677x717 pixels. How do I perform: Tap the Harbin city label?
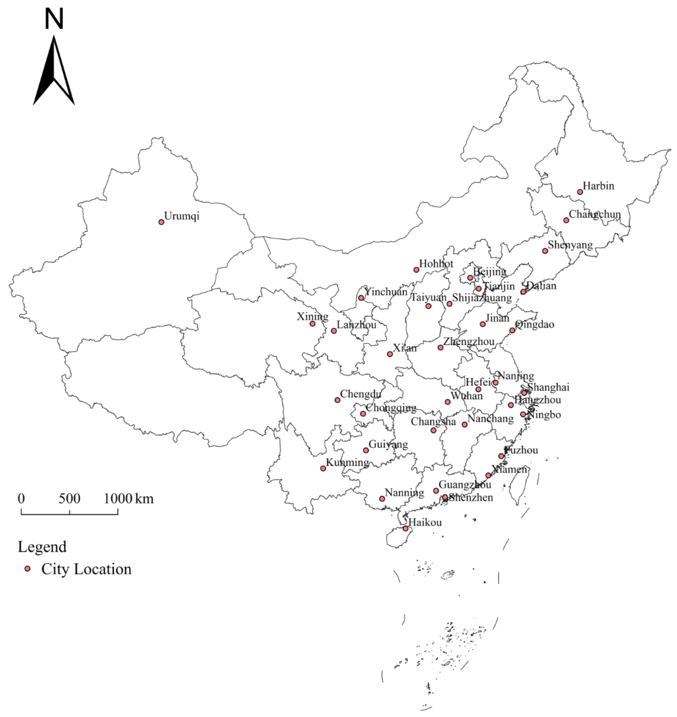(598, 186)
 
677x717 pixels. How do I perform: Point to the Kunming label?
(347, 462)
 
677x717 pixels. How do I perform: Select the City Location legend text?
(86, 569)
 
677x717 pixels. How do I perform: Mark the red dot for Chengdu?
(337, 400)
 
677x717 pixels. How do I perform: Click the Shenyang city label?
(570, 245)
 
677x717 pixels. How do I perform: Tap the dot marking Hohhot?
(417, 270)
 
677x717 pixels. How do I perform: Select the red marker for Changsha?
(434, 430)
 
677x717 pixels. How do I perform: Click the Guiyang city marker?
(366, 450)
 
